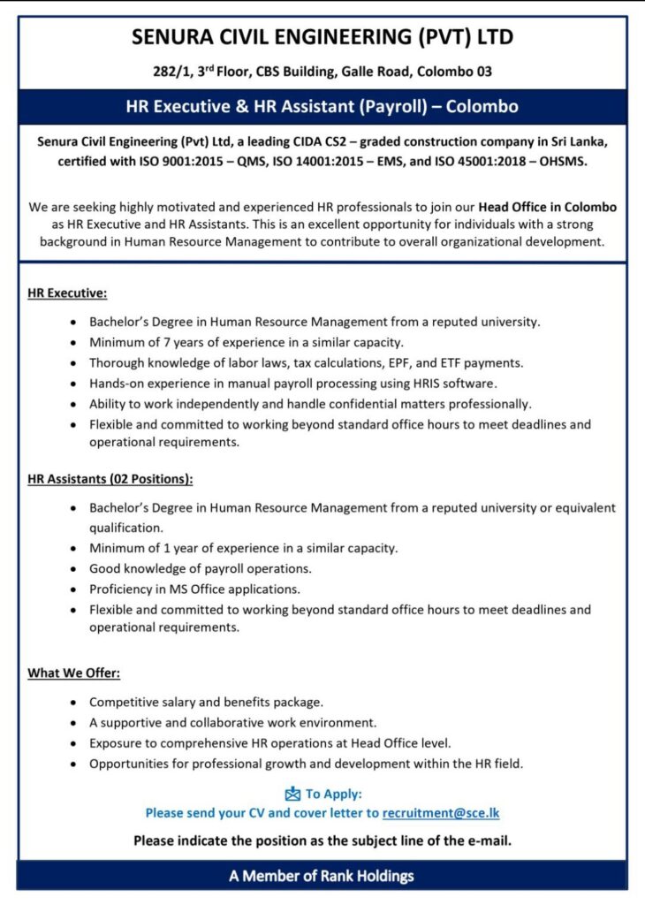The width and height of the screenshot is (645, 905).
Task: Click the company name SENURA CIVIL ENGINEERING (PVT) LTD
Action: [322, 37]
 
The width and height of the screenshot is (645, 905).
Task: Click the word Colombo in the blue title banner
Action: [482, 107]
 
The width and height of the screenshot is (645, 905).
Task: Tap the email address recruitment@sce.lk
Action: [441, 813]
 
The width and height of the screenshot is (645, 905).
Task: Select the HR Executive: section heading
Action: [67, 293]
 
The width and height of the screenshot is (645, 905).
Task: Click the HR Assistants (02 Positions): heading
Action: [110, 479]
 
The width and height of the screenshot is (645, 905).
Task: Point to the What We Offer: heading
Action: [73, 673]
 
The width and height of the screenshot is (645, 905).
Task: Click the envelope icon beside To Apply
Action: [292, 794]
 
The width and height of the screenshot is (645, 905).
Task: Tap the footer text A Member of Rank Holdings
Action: [322, 877]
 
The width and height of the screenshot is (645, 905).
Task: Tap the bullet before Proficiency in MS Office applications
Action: [72, 589]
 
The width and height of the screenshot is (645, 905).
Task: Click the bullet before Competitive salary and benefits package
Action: [72, 703]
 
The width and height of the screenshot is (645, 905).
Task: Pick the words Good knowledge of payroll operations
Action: [201, 568]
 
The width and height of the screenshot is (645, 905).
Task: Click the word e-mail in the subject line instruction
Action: [489, 840]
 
